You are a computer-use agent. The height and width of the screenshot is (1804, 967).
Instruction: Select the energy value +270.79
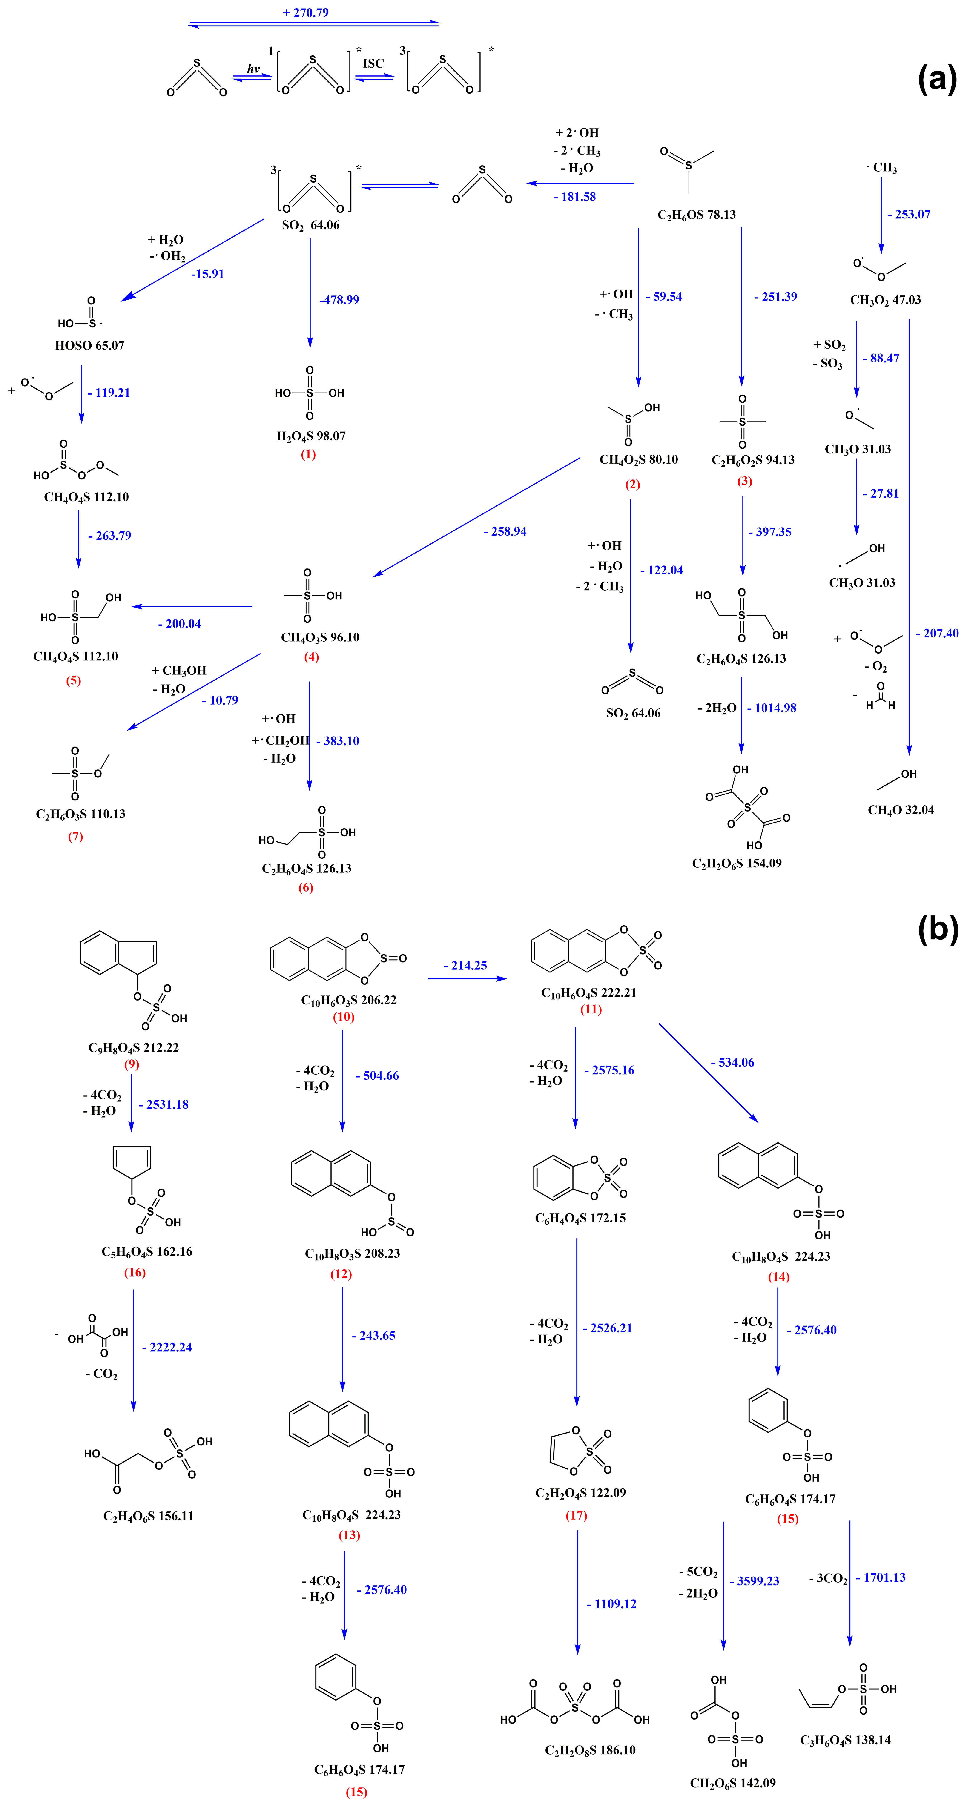coord(306,13)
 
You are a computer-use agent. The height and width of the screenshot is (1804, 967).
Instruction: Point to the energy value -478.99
coord(340,300)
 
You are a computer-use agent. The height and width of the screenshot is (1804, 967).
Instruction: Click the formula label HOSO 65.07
coord(90,345)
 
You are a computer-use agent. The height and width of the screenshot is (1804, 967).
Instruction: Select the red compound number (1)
coord(308,454)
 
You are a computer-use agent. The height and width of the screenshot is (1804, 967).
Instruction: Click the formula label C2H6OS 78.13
coord(697,215)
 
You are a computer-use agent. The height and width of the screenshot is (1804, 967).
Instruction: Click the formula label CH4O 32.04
coord(901,810)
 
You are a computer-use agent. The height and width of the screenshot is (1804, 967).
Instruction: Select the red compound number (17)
coord(576,1515)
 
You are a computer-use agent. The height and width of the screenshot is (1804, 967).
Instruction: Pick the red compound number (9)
coord(132,1064)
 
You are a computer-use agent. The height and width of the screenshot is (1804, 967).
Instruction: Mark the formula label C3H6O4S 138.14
coord(845,1740)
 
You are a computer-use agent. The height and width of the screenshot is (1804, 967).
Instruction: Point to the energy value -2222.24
coord(167,1347)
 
